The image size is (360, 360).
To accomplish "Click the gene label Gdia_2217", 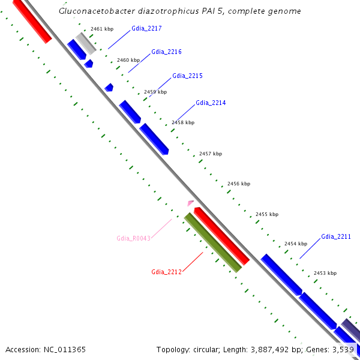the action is pyautogui.click(x=146, y=28).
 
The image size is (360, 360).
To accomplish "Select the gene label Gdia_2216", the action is pyautogui.click(x=166, y=52).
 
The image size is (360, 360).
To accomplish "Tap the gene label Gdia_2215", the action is pyautogui.click(x=187, y=76).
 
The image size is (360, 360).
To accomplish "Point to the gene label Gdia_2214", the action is pyautogui.click(x=211, y=103).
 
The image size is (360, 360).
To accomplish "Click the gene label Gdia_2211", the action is pyautogui.click(x=336, y=236).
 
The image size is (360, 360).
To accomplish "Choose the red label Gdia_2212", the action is pyautogui.click(x=166, y=272).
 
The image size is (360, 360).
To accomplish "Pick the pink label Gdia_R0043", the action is pyautogui.click(x=133, y=238).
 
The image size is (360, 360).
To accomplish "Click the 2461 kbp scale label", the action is pyautogui.click(x=102, y=29).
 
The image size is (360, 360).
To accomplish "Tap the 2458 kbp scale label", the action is pyautogui.click(x=183, y=122).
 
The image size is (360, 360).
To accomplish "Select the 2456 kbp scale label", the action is pyautogui.click(x=239, y=184).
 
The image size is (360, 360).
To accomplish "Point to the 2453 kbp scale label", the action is pyautogui.click(x=325, y=273).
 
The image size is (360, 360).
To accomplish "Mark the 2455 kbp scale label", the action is pyautogui.click(x=267, y=214).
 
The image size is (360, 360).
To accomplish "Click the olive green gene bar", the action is pyautogui.click(x=213, y=242).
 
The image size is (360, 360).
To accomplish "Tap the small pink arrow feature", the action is pyautogui.click(x=191, y=203).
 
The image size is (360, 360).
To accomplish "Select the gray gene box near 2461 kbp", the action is pyautogui.click(x=86, y=42).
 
